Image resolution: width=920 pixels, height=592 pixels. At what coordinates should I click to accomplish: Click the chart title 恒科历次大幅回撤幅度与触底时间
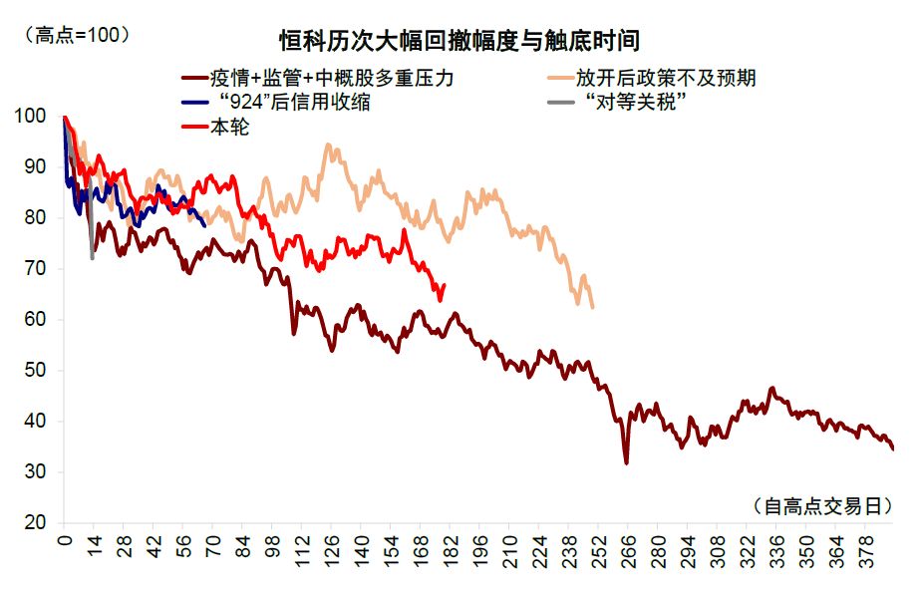(459, 41)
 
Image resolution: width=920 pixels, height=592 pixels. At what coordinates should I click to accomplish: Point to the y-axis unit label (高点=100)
(77, 35)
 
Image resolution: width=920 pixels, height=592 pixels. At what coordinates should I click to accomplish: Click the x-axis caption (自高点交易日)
(822, 505)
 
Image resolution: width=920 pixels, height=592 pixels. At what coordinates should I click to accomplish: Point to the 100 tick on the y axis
(30, 116)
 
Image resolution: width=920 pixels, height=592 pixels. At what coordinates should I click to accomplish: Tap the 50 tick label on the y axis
(35, 370)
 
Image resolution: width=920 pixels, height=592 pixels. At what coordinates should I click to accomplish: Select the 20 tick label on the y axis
(35, 522)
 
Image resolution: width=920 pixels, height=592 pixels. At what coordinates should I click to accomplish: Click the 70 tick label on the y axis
(35, 268)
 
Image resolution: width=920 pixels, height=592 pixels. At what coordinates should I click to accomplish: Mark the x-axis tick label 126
(332, 551)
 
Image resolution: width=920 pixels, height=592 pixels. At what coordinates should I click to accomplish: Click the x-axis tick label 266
(628, 551)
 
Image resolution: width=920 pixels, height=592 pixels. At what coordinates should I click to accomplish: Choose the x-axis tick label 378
(865, 551)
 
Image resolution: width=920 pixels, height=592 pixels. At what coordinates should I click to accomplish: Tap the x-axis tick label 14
(94, 545)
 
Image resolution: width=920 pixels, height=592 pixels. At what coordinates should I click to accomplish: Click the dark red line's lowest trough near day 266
(627, 462)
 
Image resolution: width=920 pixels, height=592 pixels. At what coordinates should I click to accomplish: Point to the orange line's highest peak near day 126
(328, 145)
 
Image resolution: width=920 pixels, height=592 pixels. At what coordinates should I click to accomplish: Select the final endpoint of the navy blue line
(204, 225)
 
